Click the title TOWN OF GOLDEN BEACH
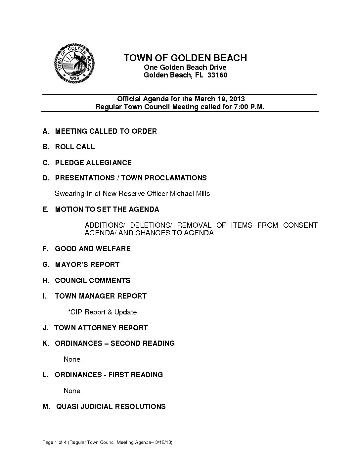185,58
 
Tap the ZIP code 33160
217,75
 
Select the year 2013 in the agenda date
237,99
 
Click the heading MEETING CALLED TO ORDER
106,131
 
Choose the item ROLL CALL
75,147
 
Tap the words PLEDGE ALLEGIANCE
93,163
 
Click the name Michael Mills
190,194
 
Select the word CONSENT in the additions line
300,225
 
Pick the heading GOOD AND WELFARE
93,249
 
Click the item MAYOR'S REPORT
87,265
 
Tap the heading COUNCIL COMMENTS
93,281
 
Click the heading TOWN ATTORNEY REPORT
101,328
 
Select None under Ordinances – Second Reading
72,359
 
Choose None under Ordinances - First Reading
72,391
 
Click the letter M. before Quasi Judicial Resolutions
46,407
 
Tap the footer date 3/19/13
164,443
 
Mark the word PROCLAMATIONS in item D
176,178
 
